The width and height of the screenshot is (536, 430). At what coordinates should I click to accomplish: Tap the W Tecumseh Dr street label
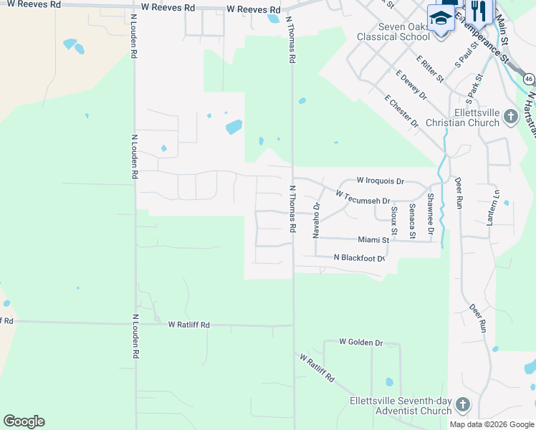[363, 197]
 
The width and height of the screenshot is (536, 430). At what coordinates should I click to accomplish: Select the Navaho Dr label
[316, 219]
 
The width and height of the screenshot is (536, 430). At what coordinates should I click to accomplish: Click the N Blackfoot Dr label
[360, 258]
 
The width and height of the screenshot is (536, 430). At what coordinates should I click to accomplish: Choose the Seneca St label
[412, 216]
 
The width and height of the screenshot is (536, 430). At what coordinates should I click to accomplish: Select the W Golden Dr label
[361, 343]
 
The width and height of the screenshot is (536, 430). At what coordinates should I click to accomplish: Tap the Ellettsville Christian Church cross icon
[510, 116]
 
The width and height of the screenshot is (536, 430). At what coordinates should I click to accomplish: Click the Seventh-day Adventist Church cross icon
[462, 406]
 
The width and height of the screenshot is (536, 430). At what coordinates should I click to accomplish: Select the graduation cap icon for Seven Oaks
[441, 17]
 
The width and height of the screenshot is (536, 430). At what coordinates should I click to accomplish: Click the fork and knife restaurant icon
[478, 10]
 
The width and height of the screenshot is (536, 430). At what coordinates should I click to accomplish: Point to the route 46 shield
[528, 78]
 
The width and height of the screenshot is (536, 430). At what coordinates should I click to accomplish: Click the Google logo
[24, 421]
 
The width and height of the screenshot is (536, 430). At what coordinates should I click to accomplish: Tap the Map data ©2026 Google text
[492, 424]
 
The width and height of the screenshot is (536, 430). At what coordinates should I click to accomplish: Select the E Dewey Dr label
[411, 85]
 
